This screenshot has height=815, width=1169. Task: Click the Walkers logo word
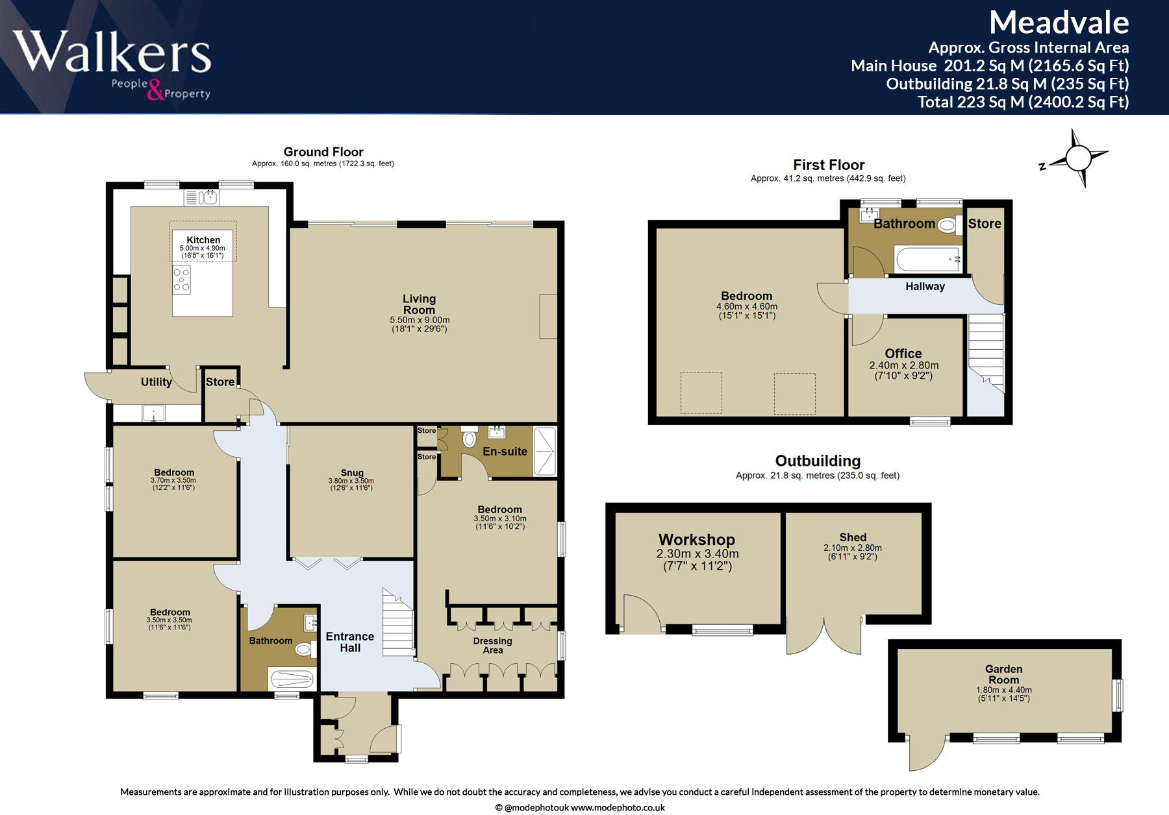(x=112, y=51)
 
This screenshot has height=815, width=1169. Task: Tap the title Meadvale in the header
(x=1059, y=23)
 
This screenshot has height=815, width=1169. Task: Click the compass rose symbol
(x=1078, y=158)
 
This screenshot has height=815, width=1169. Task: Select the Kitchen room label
(x=203, y=240)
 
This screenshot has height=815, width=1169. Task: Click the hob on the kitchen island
(x=182, y=280)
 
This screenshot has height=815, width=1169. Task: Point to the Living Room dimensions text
(x=420, y=324)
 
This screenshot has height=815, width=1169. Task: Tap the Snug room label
(x=352, y=472)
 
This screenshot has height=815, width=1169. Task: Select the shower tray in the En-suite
(x=545, y=452)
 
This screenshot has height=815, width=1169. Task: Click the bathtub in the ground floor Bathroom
(x=292, y=679)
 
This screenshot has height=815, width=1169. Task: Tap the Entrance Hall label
(x=349, y=642)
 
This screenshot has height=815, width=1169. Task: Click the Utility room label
(x=157, y=382)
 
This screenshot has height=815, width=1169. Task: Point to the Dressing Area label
(x=492, y=645)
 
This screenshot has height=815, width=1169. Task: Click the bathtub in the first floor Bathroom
(x=927, y=259)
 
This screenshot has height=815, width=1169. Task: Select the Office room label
(x=903, y=354)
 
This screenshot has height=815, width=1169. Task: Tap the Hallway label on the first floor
(x=925, y=286)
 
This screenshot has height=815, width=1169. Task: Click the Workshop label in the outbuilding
(x=697, y=540)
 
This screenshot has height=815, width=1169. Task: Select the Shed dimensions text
(x=853, y=552)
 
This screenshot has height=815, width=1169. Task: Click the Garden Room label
(x=1003, y=674)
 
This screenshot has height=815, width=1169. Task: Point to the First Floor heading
(x=829, y=165)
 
